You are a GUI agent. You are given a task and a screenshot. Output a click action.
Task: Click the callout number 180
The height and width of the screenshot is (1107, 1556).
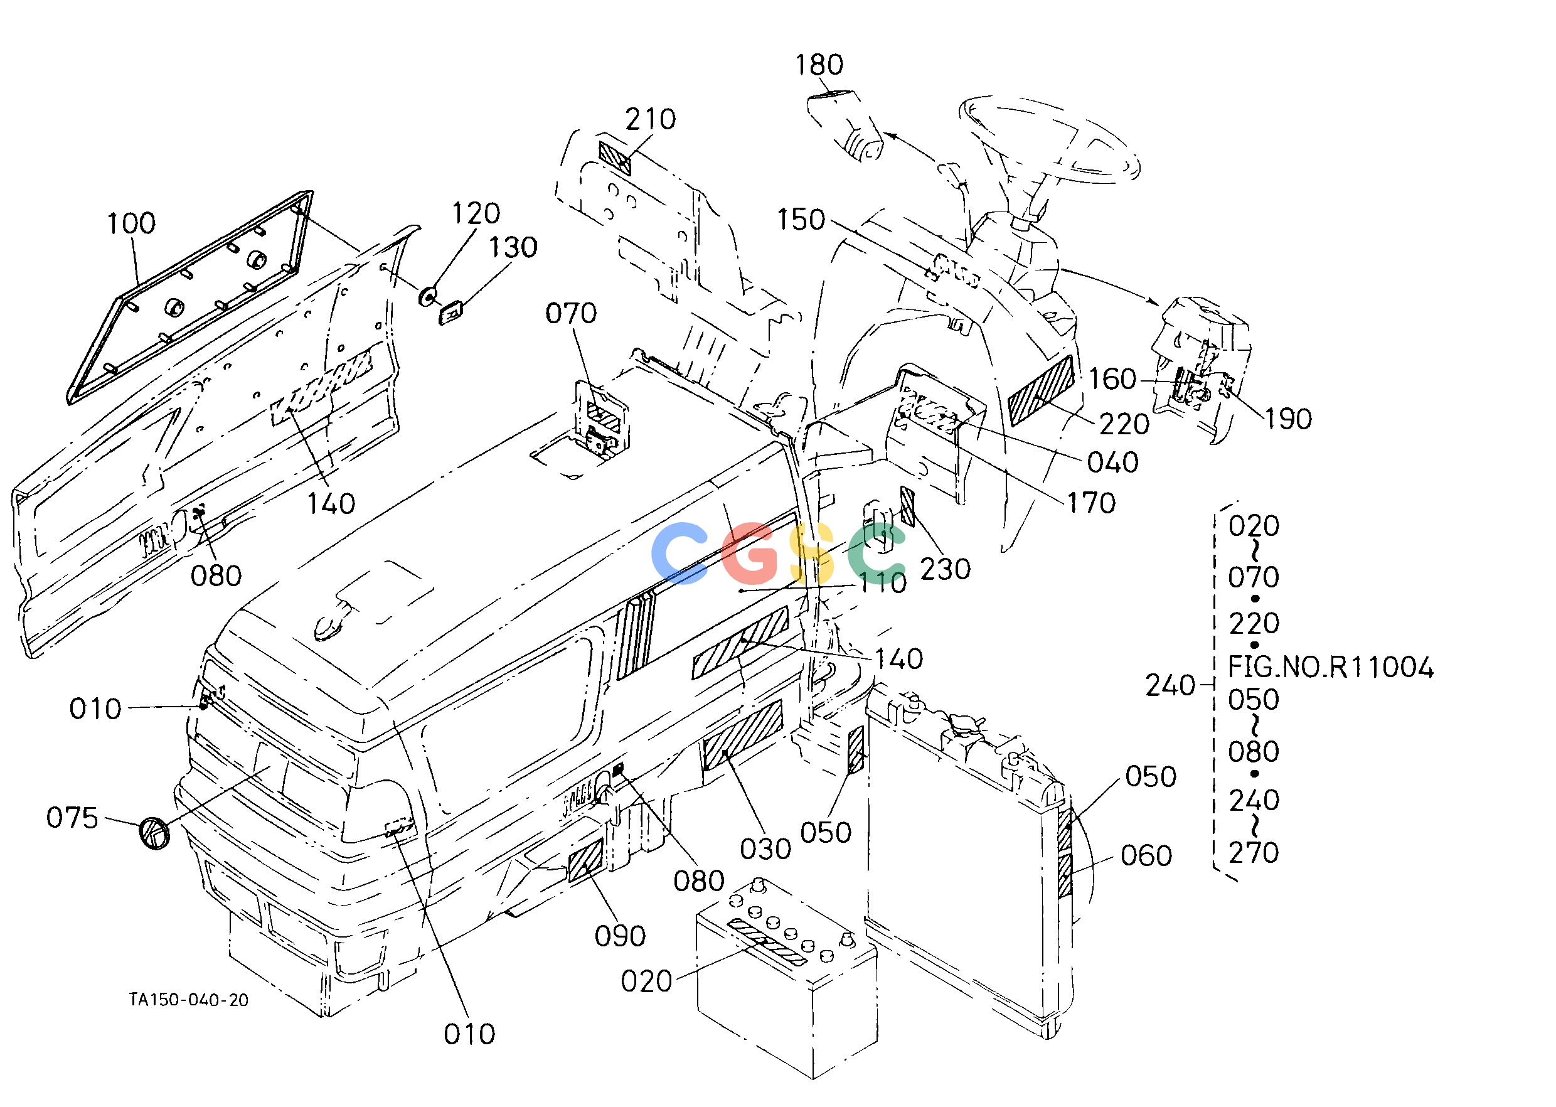pos(819,65)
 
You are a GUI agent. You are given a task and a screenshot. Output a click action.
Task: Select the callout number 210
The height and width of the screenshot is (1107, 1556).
pos(651,119)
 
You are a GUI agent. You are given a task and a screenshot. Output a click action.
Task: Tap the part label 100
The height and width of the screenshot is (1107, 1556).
pos(132,223)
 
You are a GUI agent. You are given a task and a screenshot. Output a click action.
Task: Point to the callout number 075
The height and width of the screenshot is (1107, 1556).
pos(72,817)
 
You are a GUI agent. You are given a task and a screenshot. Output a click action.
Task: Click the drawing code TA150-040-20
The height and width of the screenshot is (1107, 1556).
pos(189,1000)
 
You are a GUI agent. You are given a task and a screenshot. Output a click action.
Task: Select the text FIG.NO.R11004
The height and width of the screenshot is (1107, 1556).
pos(1330,668)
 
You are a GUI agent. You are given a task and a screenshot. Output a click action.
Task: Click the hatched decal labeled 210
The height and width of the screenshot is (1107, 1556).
pos(615,158)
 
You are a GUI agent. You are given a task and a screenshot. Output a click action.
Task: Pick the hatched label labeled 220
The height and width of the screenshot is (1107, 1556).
pos(1042,390)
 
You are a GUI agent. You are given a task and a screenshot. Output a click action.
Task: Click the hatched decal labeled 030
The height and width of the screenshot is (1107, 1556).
pos(743,735)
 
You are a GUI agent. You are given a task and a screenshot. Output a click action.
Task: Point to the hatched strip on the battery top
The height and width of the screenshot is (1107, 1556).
pos(767,941)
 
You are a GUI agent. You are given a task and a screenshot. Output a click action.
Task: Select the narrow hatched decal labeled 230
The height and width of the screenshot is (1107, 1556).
pos(907,506)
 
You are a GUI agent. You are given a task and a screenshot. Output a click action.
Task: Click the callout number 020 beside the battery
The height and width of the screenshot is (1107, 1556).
pos(647,981)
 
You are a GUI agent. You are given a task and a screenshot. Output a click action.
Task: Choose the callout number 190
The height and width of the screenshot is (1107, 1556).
pos(1289,419)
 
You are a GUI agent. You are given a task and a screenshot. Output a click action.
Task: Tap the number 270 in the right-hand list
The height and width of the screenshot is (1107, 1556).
pos(1254,853)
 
